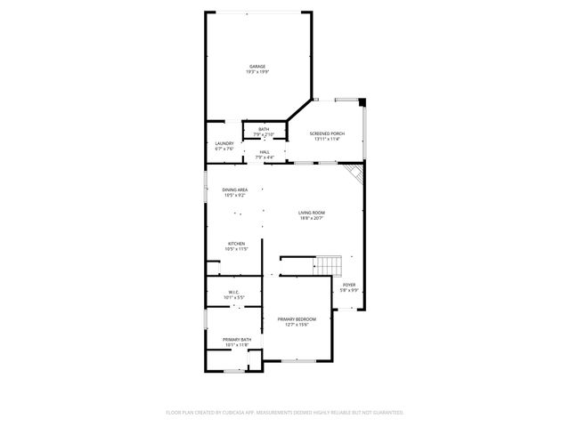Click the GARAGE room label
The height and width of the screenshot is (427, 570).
pos(257,66)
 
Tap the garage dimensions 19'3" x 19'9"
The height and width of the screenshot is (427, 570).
pos(257,71)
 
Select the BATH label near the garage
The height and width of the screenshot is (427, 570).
pos(264,129)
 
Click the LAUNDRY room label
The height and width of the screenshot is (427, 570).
pos(224,143)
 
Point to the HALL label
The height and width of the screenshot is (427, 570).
pos(265,152)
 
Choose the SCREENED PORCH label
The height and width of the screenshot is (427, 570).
pos(327,133)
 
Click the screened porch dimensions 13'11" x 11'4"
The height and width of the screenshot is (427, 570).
pos(327,139)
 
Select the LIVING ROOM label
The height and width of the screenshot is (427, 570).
pos(311,212)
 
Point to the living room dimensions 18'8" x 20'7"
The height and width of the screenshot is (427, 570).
pos(311,217)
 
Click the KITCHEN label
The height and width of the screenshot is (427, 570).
pos(236,243)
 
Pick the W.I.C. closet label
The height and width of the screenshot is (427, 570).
pos(232,291)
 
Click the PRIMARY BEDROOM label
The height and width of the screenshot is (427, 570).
pos(297,318)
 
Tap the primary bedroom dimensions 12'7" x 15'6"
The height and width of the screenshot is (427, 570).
pos(297,324)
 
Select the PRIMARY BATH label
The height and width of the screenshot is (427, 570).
pos(237,339)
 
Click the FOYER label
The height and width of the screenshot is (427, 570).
pos(348,285)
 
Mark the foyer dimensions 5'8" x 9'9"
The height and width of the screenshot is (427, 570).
pos(348,290)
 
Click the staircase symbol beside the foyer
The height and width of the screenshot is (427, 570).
pos(329,265)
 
